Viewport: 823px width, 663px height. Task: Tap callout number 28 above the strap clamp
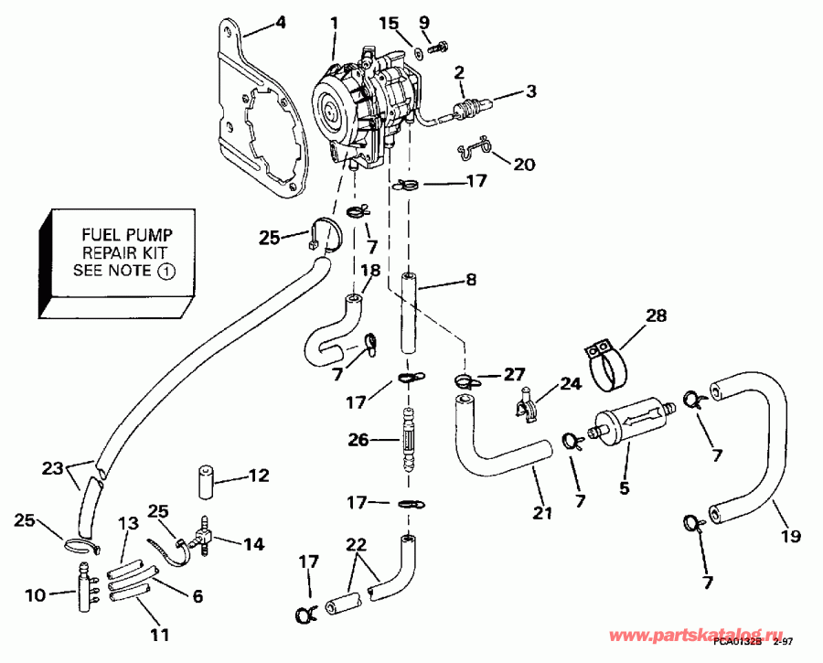click(x=657, y=316)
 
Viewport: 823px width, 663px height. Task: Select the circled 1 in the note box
click(x=166, y=271)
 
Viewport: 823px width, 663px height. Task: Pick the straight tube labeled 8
click(x=409, y=315)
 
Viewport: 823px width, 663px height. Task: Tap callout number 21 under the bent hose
click(x=543, y=514)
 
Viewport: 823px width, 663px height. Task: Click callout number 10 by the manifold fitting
click(x=35, y=596)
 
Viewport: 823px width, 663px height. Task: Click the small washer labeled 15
click(x=417, y=54)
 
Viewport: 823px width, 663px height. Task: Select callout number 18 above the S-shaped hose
click(x=369, y=270)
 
